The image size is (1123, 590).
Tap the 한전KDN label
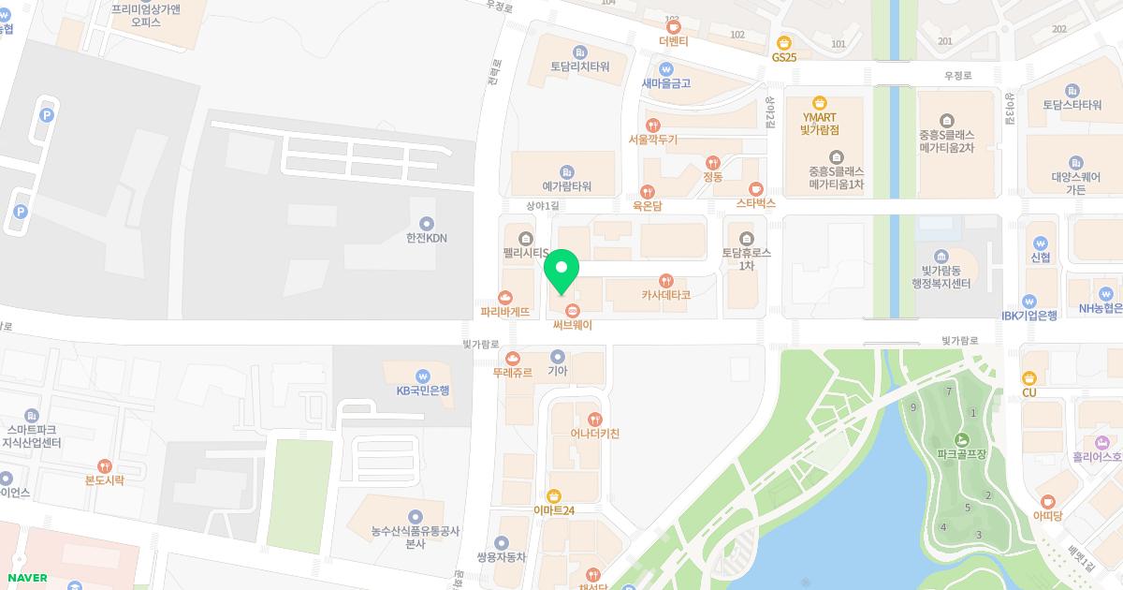tap(427, 238)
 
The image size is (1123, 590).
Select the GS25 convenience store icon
tap(784, 42)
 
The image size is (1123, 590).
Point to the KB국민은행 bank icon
tap(423, 375)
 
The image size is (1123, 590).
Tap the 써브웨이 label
tap(572, 325)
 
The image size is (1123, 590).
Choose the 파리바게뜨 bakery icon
tap(506, 297)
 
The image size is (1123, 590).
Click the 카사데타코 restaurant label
tap(665, 295)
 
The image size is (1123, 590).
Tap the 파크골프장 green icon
tap(961, 440)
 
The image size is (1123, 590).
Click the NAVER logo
tap(26, 578)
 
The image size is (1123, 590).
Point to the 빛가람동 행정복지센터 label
tap(942, 276)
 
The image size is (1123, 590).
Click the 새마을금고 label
tap(665, 83)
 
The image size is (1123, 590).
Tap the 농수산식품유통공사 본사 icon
tap(416, 517)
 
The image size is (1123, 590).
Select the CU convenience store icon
tap(1029, 377)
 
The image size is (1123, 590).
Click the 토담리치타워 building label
tap(579, 66)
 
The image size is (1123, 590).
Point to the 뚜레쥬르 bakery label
tap(512, 372)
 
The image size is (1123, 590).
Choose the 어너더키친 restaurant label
tap(594, 434)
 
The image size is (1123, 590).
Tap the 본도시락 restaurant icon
tap(104, 465)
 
